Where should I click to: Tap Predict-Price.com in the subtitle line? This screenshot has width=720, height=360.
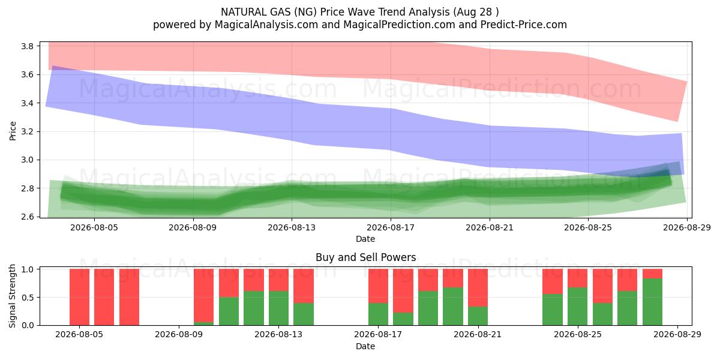coord(524,25)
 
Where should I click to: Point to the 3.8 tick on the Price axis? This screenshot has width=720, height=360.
coord(28,46)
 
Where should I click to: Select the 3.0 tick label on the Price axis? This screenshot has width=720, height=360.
coord(28,160)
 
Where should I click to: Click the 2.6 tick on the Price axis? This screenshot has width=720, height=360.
coord(28,217)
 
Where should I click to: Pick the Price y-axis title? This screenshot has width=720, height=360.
coord(13,131)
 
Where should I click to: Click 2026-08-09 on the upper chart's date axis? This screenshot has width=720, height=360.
coord(193,227)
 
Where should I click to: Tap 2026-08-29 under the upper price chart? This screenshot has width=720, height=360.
coord(687,227)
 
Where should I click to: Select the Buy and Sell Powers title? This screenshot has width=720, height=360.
coord(366,257)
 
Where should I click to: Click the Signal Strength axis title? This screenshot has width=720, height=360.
coord(12,296)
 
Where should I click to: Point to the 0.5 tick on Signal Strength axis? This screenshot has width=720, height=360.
coord(28,298)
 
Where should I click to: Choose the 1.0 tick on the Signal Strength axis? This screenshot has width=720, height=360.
coord(28,269)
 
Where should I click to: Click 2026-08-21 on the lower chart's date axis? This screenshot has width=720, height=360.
coord(478,335)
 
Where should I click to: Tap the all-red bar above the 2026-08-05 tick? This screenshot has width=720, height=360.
coord(79,297)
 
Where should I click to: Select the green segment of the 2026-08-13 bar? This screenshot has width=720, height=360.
coord(278,308)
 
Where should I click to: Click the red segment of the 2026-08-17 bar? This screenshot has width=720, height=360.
coord(378,286)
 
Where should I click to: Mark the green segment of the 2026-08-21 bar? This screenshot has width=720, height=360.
coord(478,316)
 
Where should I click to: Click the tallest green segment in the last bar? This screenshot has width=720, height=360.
coord(653,302)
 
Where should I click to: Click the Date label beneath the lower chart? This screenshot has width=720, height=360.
coord(365,347)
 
